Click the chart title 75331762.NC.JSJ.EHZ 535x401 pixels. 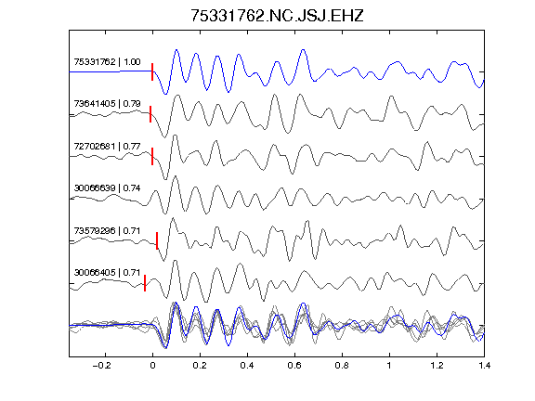tap(277, 16)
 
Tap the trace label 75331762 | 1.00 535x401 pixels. tap(107, 62)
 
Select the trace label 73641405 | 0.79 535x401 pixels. tap(107, 104)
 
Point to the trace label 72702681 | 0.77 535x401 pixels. tap(107, 147)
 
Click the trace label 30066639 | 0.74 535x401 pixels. tap(107, 188)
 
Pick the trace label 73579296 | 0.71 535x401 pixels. tap(107, 231)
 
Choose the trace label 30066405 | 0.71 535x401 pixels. tap(107, 273)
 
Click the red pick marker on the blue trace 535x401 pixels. tap(152, 71)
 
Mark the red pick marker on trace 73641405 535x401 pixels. tap(150, 114)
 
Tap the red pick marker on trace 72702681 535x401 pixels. tap(152, 156)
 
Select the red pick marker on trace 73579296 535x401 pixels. tap(157, 240)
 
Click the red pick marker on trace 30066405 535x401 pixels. tap(145, 283)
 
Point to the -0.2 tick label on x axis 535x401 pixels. tap(102, 366)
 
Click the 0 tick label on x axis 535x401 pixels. tap(152, 366)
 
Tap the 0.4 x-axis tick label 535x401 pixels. tap(247, 366)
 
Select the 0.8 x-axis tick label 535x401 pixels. tap(342, 366)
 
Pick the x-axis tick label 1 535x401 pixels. tap(389, 366)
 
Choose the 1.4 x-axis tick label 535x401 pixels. tap(484, 366)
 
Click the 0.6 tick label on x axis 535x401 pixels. tap(294, 366)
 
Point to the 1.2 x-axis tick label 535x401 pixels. tap(437, 366)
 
